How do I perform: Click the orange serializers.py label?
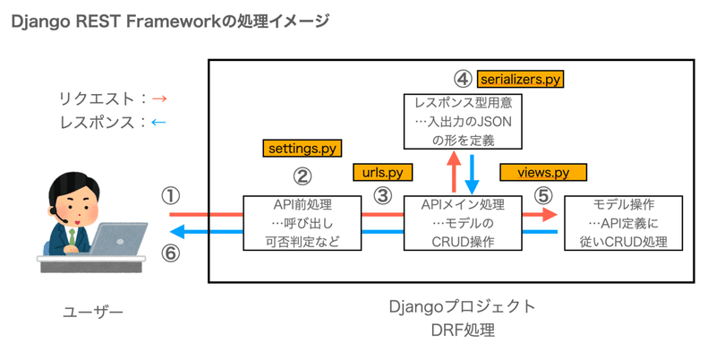tap(520, 79)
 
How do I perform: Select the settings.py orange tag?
tap(303, 147)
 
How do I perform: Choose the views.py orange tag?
tap(543, 171)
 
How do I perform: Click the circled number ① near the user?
tap(170, 195)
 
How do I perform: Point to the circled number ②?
tap(303, 176)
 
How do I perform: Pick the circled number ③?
tap(384, 195)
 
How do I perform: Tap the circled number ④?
tap(463, 78)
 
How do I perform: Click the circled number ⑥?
tap(170, 253)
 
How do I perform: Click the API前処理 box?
tap(293, 222)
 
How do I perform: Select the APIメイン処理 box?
tap(463, 222)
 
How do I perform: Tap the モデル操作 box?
tap(625, 222)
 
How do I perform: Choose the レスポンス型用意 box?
tap(463, 121)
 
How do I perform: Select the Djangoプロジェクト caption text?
tap(463, 307)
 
